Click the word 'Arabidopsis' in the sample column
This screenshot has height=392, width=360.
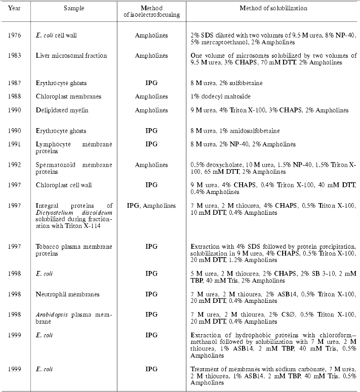(52, 315)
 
